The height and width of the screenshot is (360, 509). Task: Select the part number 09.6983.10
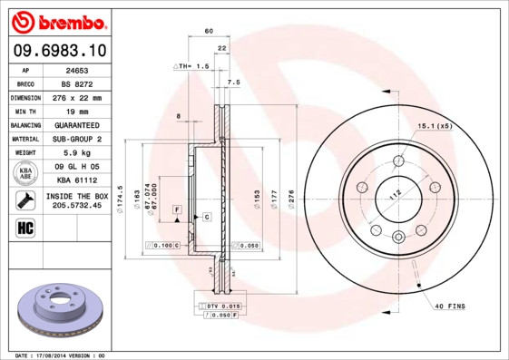pos(56,51)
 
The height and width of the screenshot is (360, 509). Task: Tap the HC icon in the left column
pos(25,228)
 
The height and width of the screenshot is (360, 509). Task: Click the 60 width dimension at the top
pos(210,32)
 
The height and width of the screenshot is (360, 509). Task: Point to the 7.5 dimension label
pos(232,83)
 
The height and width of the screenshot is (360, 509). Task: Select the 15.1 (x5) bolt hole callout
pos(435,125)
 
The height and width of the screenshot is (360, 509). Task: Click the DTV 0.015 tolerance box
pos(222,307)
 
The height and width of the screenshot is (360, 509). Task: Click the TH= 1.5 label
pos(192,67)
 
